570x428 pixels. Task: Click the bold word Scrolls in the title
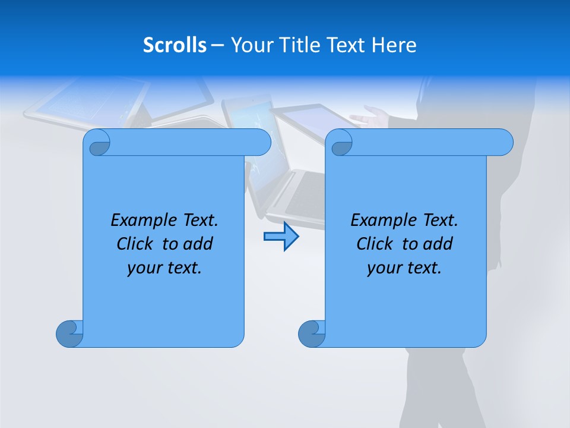175,45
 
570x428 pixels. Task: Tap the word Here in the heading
394,45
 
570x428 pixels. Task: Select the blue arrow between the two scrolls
281,237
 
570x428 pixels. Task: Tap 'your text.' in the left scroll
164,268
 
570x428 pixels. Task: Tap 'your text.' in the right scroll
404,268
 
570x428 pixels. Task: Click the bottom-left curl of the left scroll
69,333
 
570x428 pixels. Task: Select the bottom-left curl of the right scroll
311,333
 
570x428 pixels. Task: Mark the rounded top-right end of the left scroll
261,142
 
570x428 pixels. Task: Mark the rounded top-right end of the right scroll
503,142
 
